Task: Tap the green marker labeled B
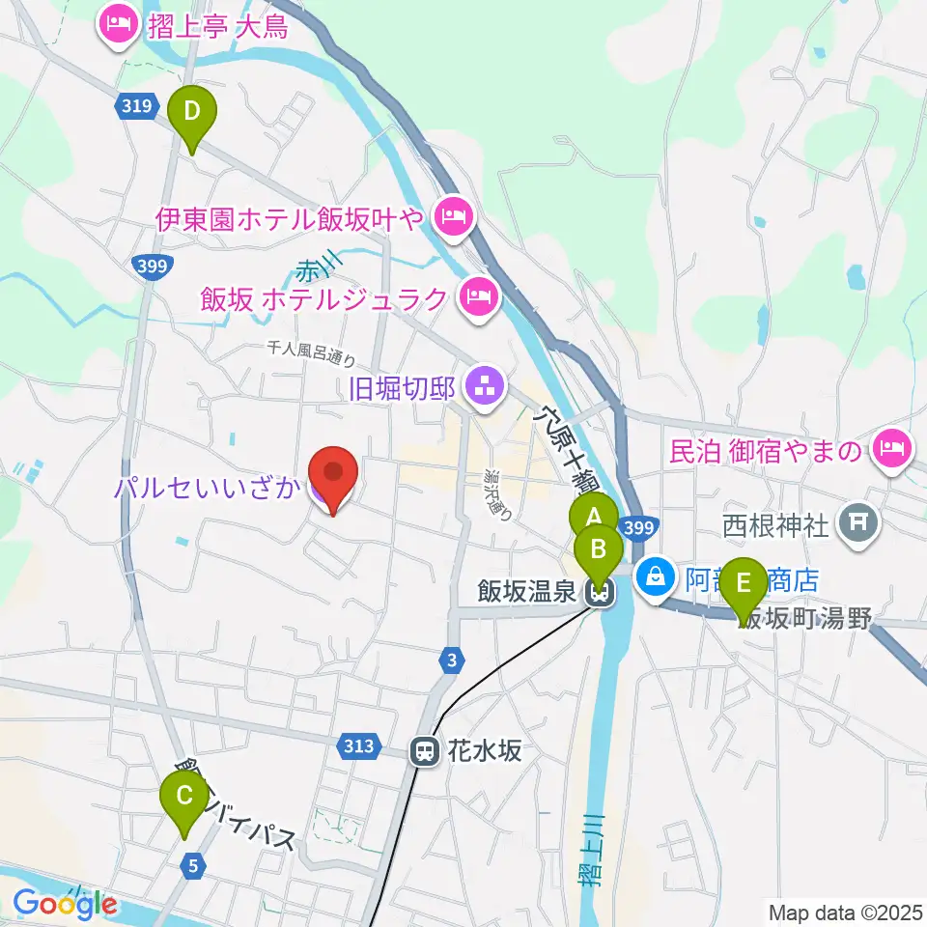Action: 598,550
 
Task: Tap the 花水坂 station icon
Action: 423,750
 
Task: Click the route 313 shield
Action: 356,745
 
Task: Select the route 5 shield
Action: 194,866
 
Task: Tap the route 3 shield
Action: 451,660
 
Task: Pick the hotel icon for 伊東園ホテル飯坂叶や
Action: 452,215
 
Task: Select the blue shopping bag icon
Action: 657,576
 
